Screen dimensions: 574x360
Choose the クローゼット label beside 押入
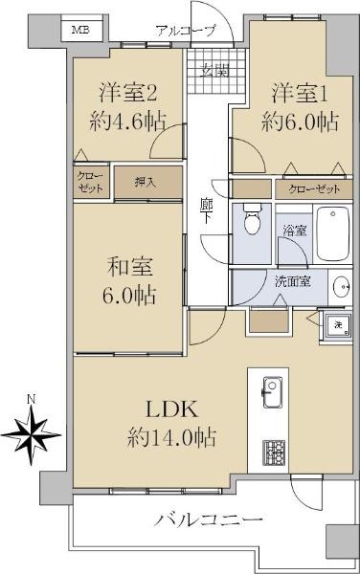91,183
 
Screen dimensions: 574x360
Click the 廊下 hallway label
206,210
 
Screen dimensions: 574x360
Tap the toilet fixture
252,223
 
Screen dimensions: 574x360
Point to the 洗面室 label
292,281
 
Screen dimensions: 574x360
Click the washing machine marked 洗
337,323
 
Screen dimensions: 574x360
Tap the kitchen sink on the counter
272,393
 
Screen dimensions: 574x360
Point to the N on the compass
32,399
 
